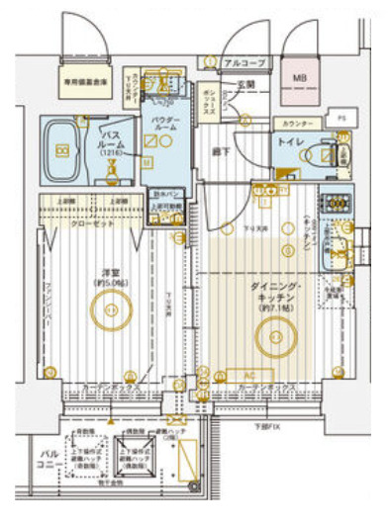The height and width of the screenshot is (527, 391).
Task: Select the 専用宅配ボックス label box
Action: [86, 85]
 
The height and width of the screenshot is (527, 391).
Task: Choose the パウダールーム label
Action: [164, 124]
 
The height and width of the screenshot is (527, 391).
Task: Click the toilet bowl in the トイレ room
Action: [324, 154]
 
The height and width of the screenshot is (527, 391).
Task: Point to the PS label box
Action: [342, 118]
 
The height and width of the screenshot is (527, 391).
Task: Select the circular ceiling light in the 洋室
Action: [110, 310]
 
